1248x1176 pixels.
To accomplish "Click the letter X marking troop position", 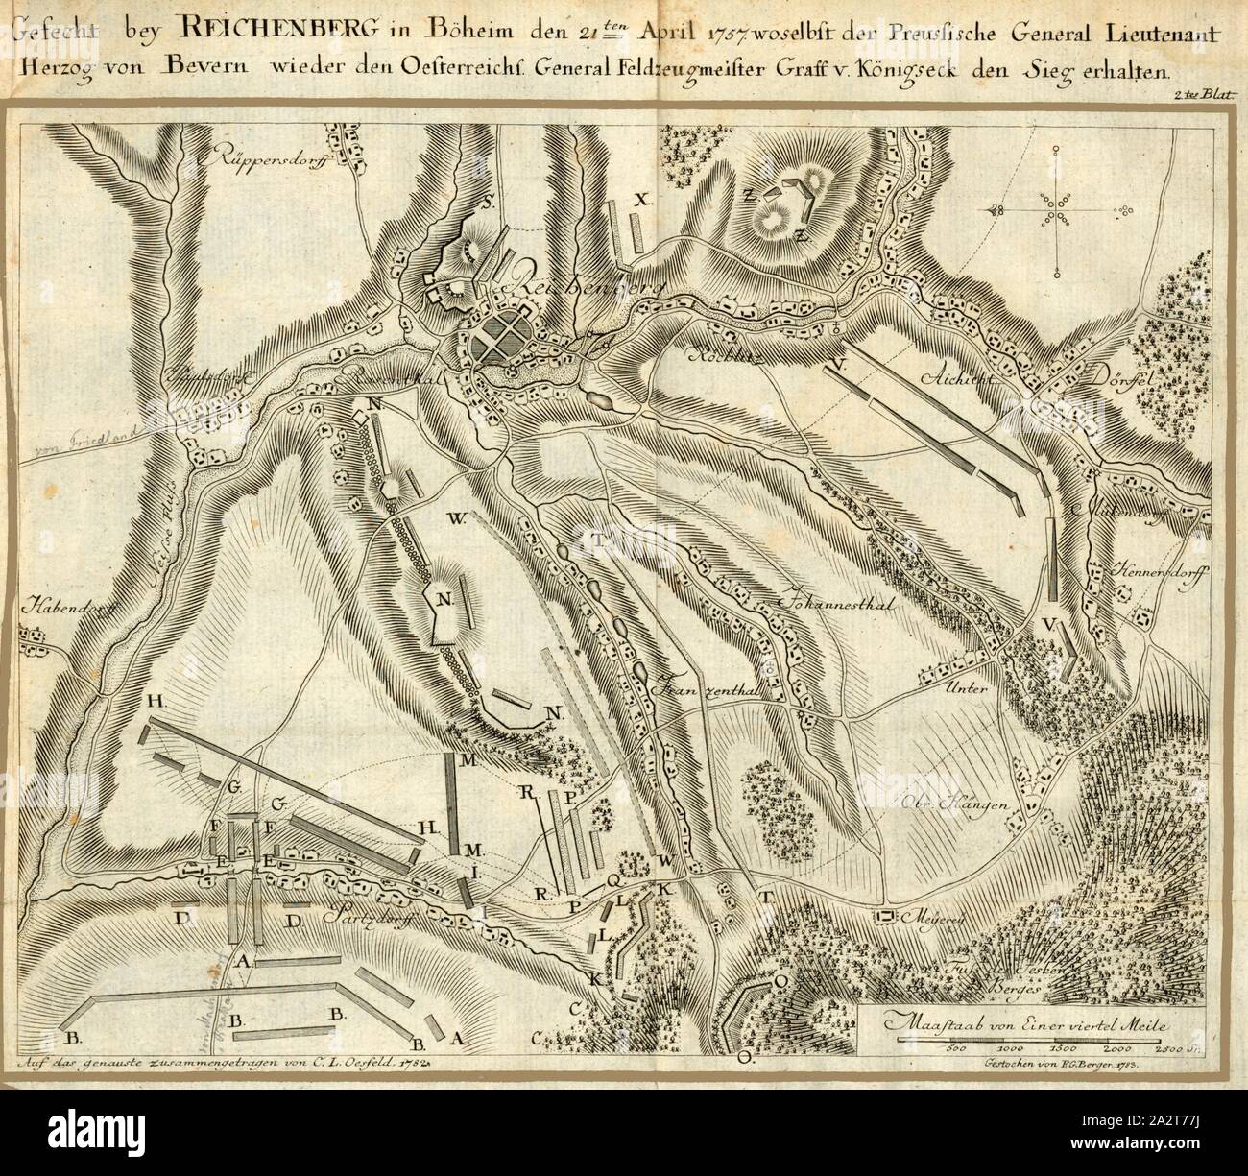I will point(642,199).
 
